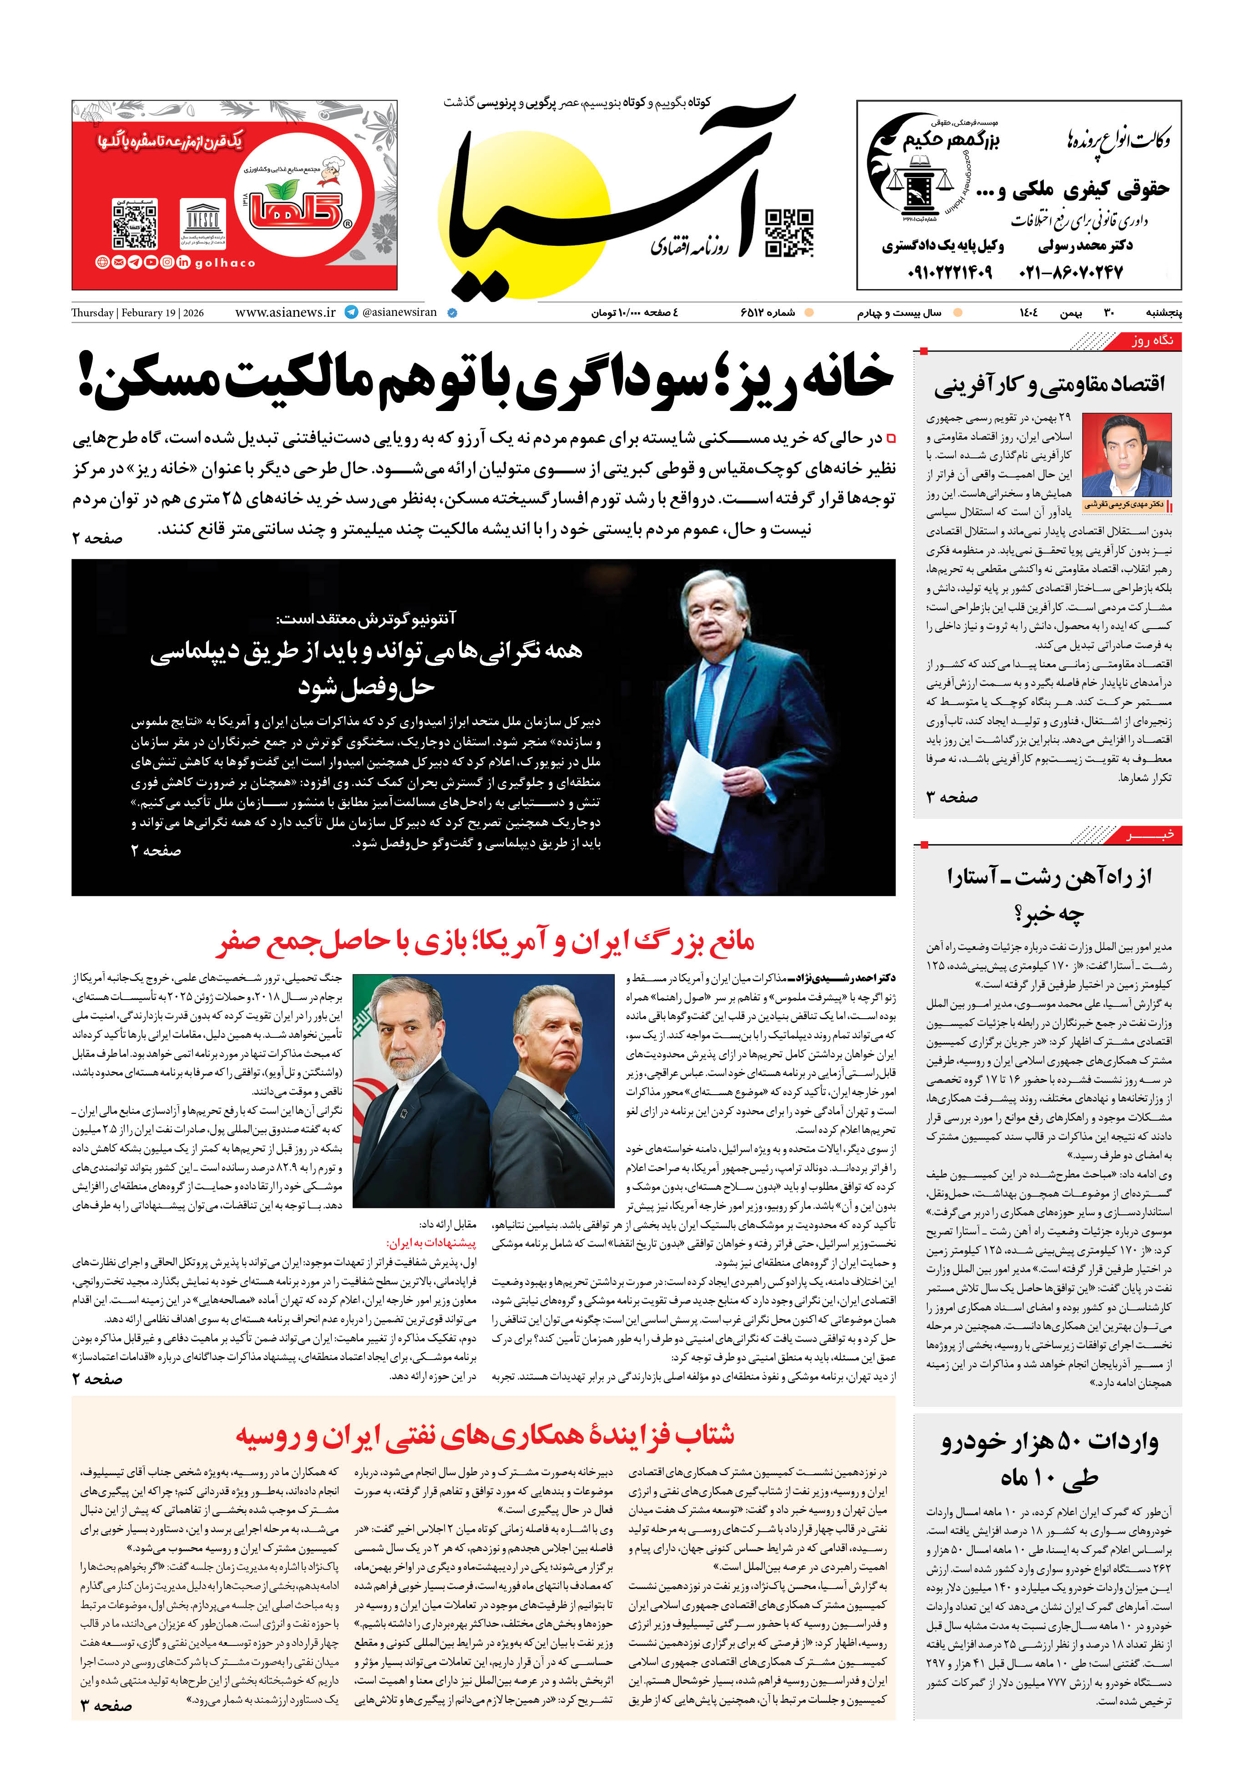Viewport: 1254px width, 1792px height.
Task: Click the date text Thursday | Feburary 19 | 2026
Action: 137,313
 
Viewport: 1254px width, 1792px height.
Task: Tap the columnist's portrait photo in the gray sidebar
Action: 1126,456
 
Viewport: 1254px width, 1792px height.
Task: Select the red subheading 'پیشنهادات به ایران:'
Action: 431,1244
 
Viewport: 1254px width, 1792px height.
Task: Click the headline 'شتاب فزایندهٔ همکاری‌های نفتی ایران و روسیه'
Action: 485,1435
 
